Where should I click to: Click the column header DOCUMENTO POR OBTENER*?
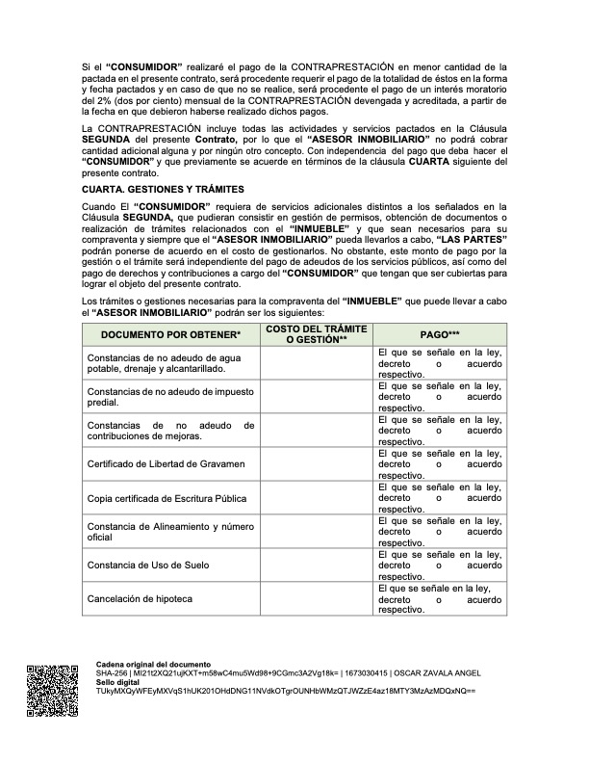170,333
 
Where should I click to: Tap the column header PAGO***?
440,333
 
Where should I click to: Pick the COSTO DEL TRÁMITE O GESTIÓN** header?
317,333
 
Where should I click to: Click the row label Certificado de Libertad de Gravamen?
160,463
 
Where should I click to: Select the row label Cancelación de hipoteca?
140,598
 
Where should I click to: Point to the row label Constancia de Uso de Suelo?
146,565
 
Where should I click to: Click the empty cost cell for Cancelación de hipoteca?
317,598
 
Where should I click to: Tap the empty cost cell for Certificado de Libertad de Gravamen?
317,463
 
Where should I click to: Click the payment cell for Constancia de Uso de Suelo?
440,565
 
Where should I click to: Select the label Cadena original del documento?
153,665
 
